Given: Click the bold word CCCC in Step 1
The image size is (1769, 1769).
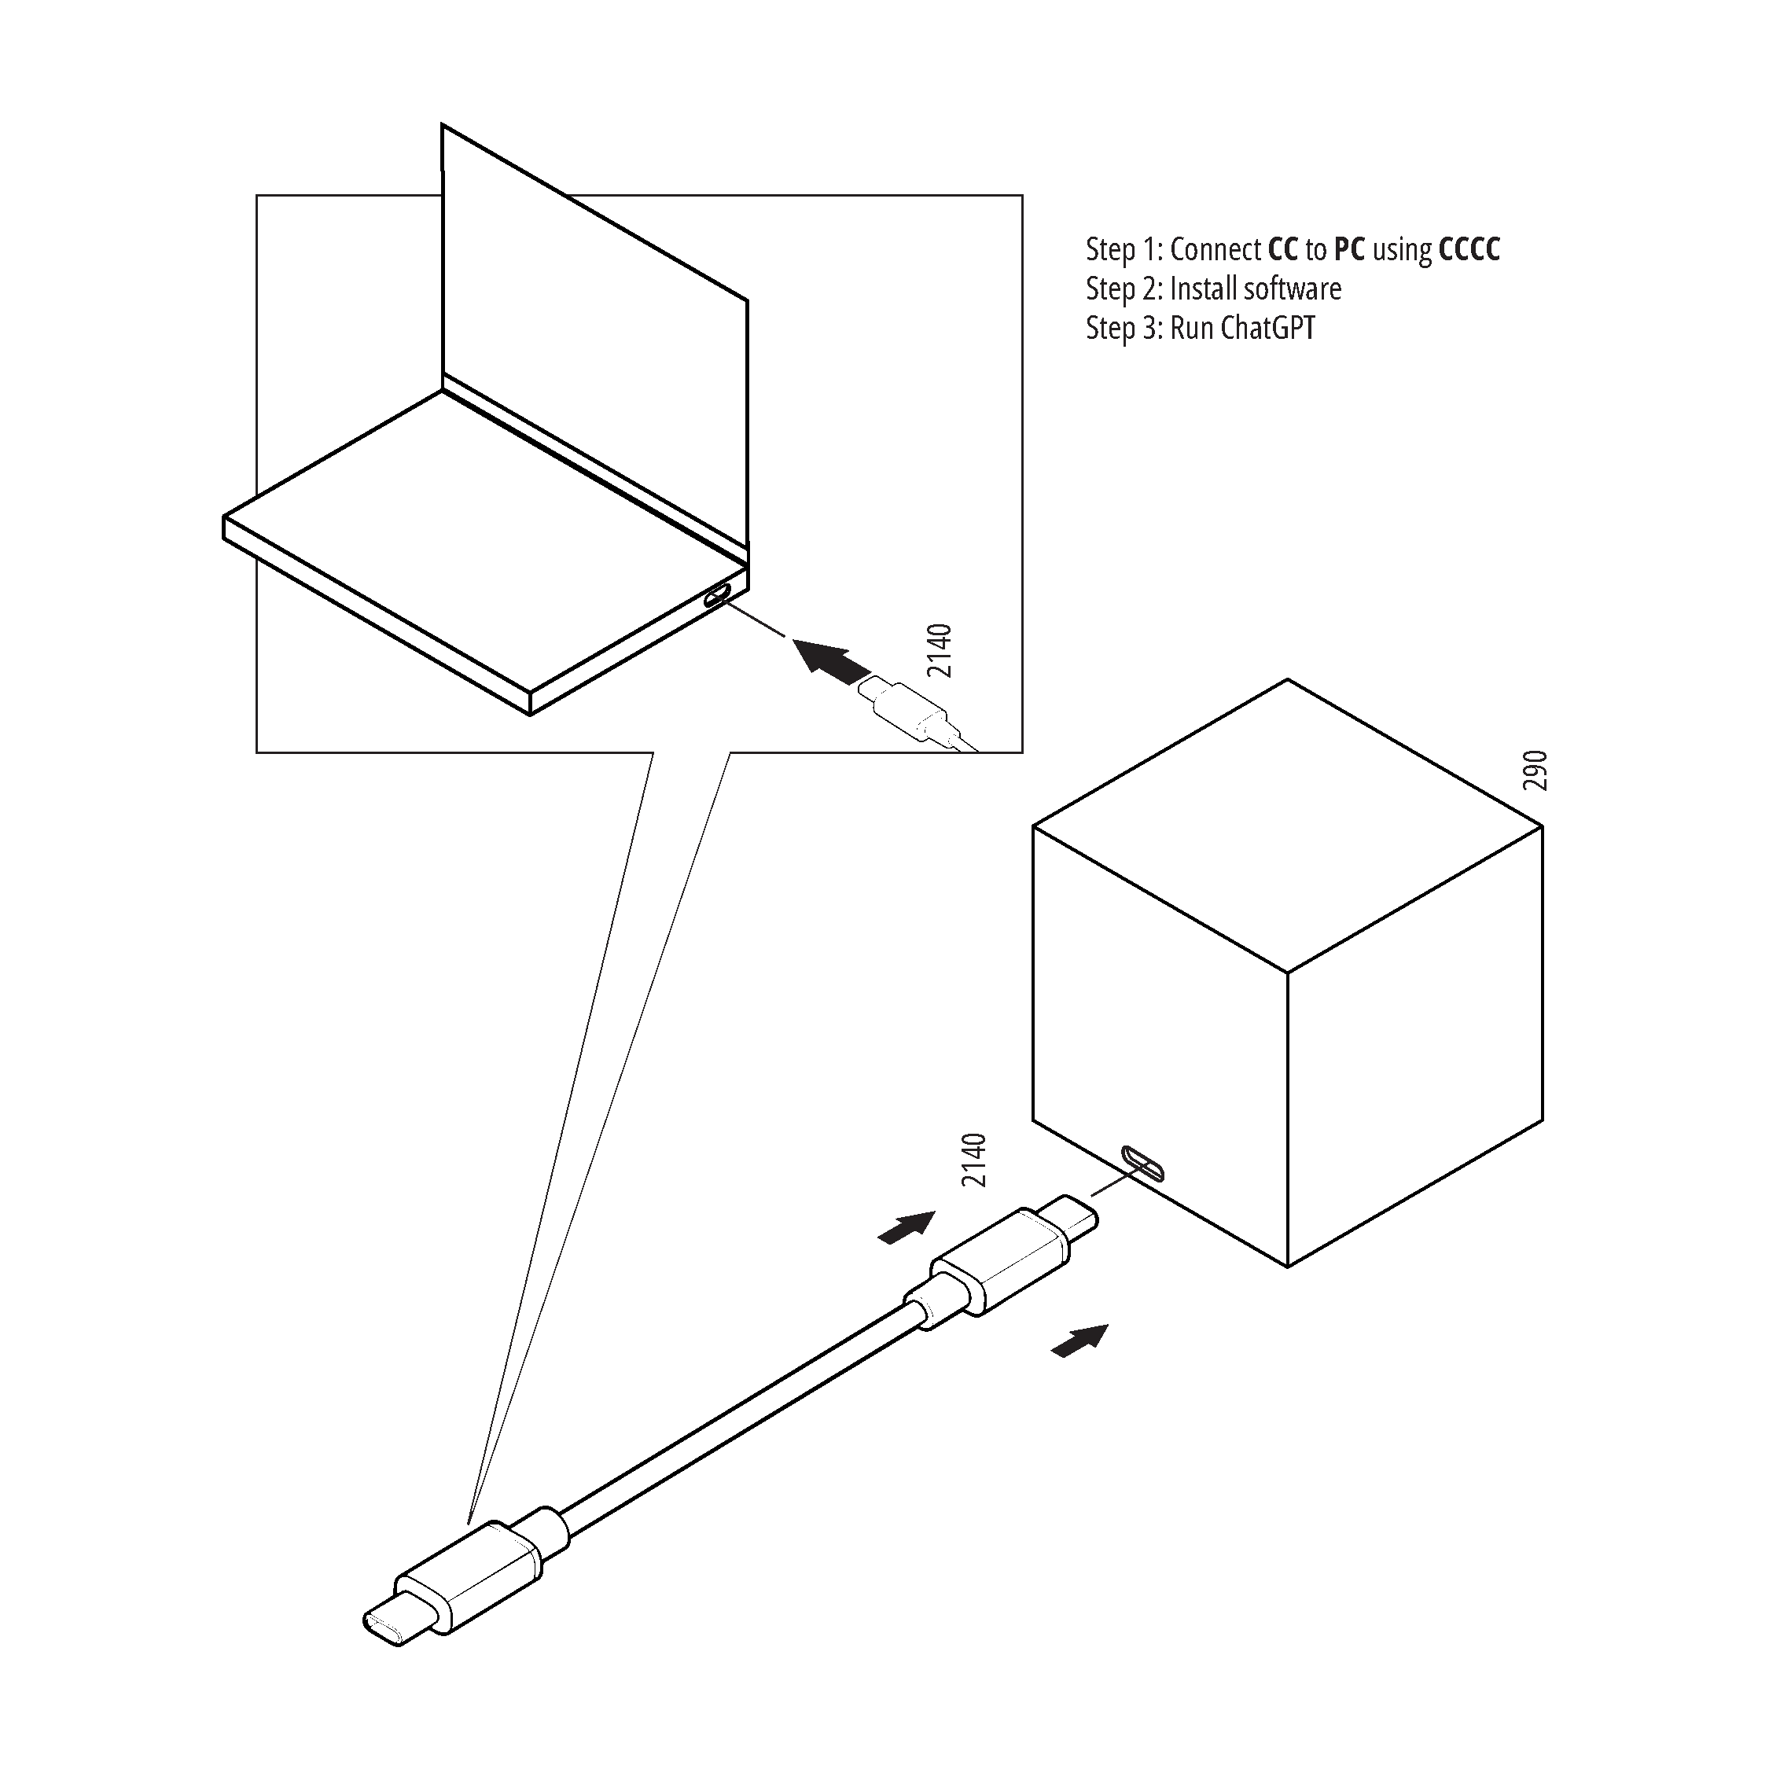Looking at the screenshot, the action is pos(1469,249).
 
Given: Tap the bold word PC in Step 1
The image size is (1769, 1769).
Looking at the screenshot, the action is pos(1350,249).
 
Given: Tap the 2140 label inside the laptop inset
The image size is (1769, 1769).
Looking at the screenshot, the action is pos(940,651).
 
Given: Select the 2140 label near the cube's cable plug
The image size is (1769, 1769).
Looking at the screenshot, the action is pos(974,1160).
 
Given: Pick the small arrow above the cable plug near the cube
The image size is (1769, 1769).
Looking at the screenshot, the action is pos(907,1227).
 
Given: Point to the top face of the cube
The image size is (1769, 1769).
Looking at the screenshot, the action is pos(1287,826).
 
